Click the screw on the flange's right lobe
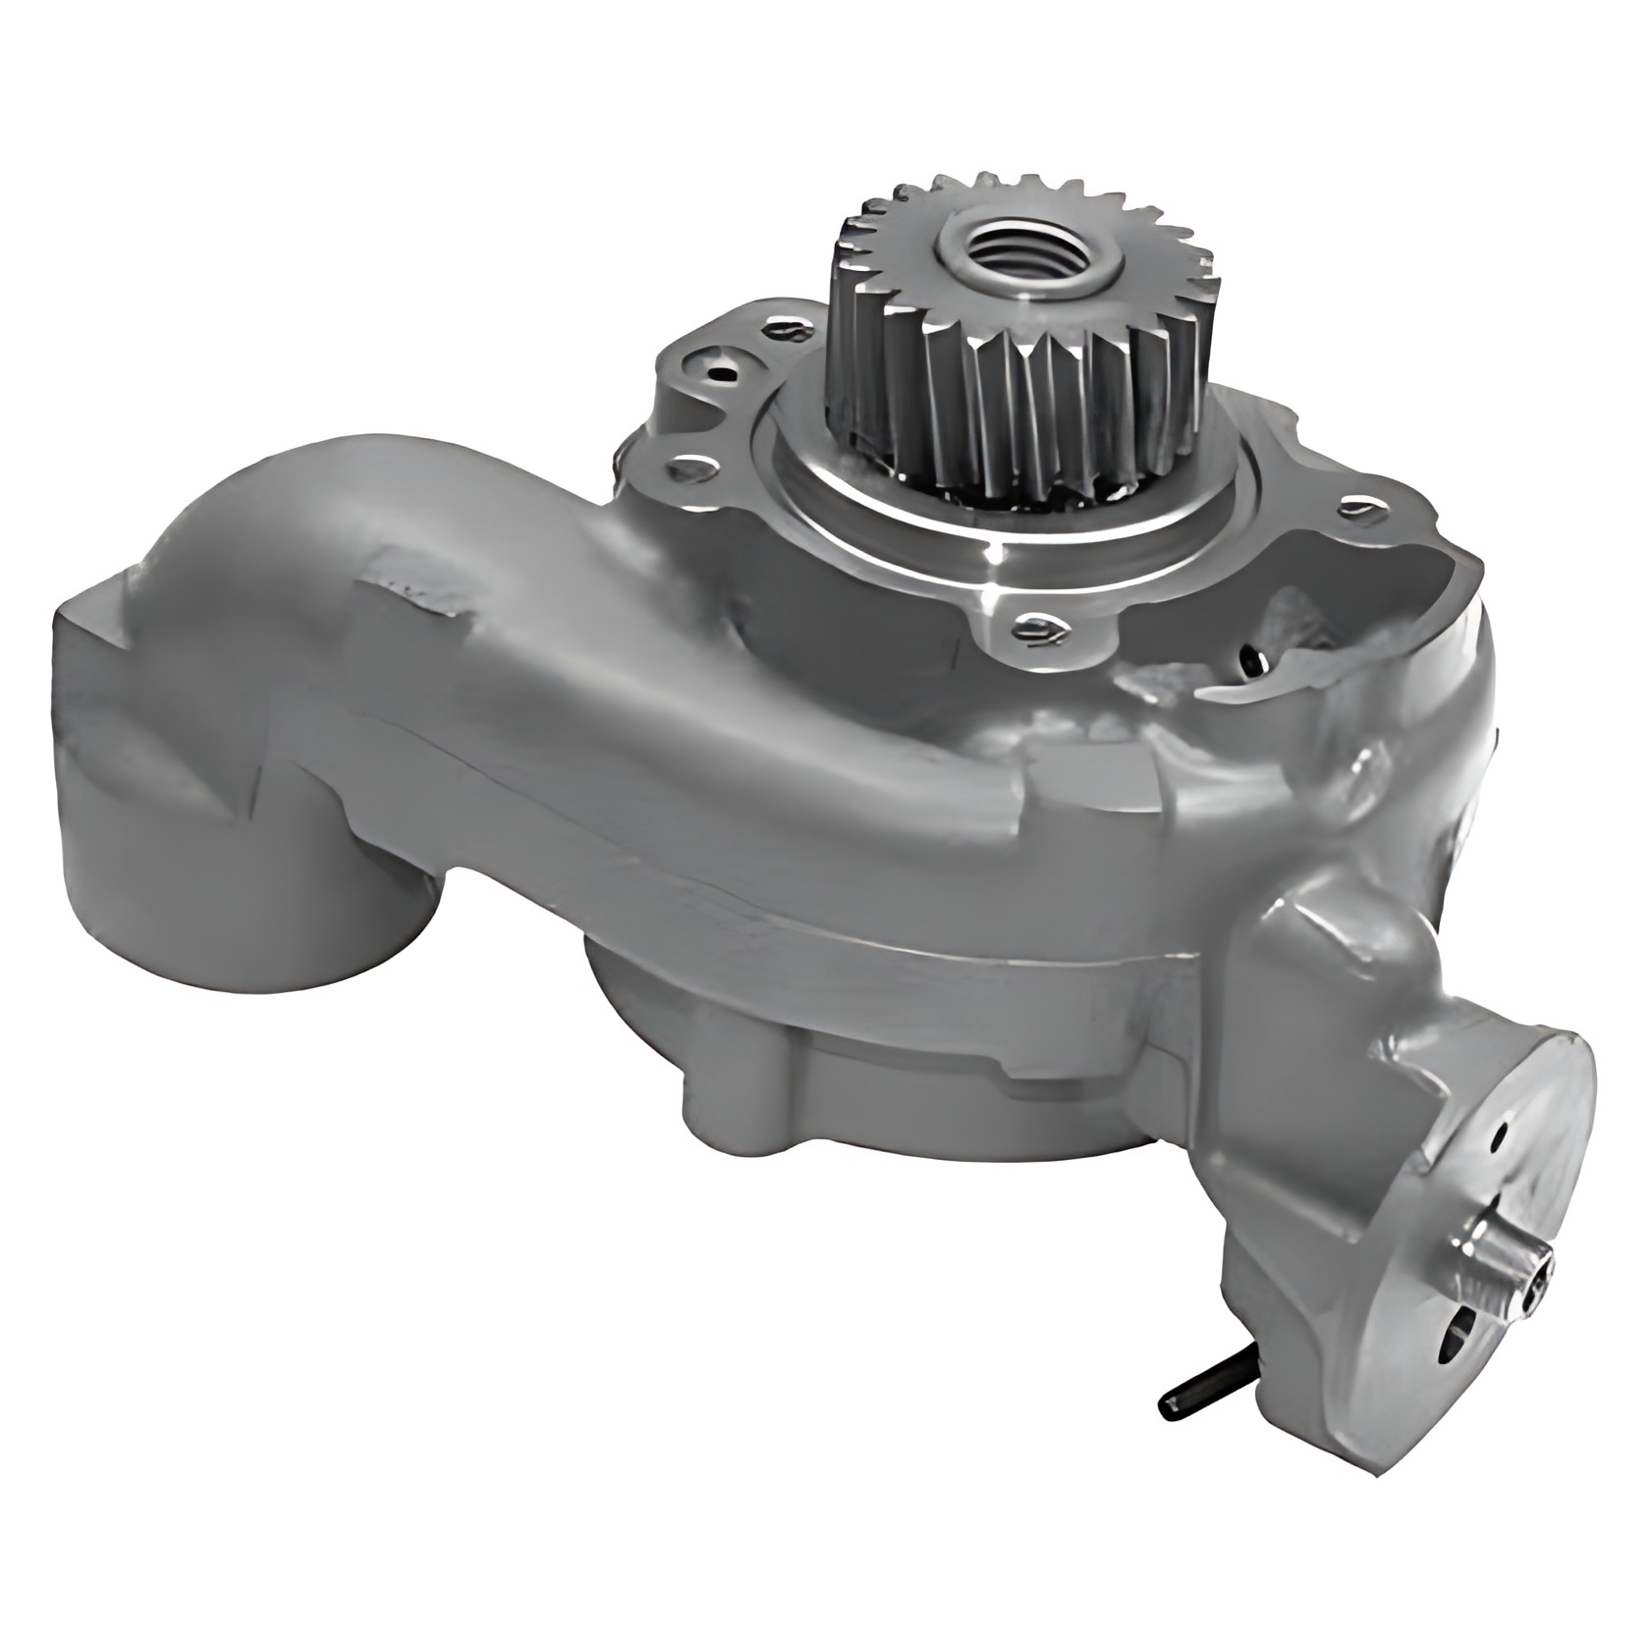point(1358,508)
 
